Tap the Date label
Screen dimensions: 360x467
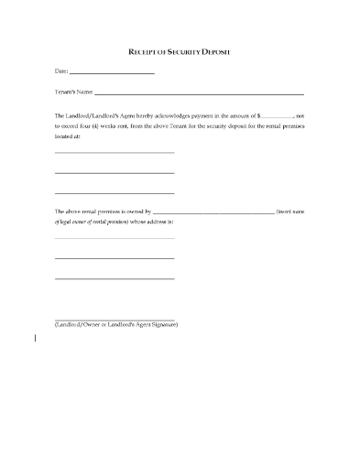[x=60, y=71]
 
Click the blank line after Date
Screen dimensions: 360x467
[x=111, y=73]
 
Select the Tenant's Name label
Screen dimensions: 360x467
[x=73, y=92]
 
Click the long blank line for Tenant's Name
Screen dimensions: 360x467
[x=199, y=94]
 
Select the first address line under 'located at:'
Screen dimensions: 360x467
[x=114, y=152]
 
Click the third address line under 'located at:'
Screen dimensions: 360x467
[x=114, y=192]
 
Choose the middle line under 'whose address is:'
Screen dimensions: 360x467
[x=114, y=258]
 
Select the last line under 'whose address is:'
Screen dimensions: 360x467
[x=114, y=278]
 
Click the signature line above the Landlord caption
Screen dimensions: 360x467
[x=114, y=320]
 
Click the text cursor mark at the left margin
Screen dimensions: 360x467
[x=36, y=338]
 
